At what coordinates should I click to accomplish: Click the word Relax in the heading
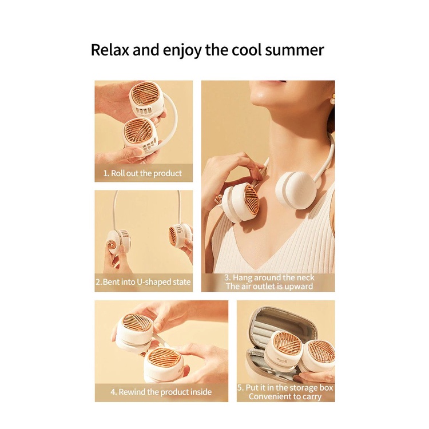(109, 50)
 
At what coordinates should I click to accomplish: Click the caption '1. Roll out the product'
(142, 173)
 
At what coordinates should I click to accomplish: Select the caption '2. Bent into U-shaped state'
(144, 282)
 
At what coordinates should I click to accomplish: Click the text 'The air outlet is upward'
(269, 286)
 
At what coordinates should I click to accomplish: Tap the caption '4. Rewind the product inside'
(161, 392)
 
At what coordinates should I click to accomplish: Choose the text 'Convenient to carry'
(285, 396)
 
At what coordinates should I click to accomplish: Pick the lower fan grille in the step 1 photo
(138, 132)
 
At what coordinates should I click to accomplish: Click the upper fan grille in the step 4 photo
(136, 325)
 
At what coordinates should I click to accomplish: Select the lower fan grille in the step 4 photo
(165, 360)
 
